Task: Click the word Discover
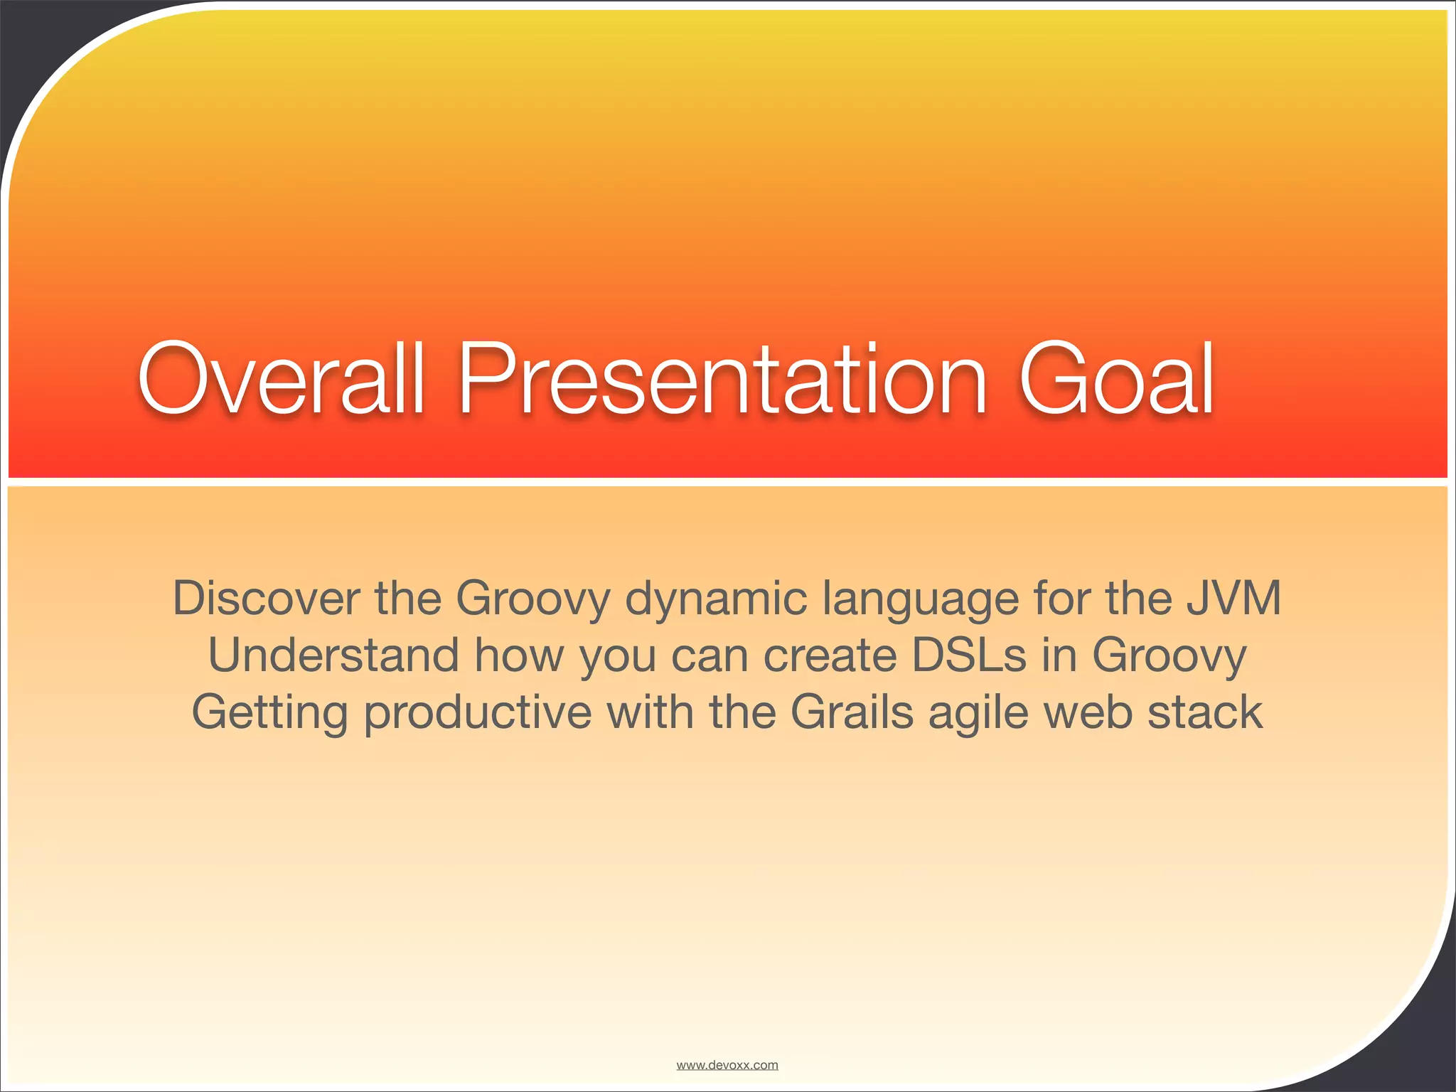(x=266, y=598)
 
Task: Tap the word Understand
(x=333, y=655)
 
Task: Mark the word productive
(x=477, y=712)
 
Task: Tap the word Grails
(x=851, y=712)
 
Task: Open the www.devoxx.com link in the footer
(x=727, y=1065)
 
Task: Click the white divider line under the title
(x=728, y=482)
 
